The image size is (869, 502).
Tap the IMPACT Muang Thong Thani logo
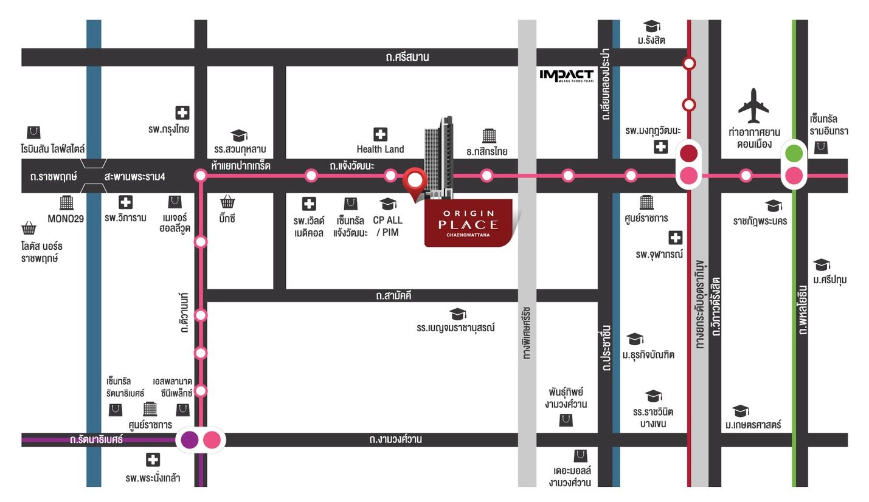pyautogui.click(x=566, y=75)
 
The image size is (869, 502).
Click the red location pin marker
pyautogui.click(x=415, y=182)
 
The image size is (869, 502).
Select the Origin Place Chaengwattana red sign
pyautogui.click(x=468, y=222)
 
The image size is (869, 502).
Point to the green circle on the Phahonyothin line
pyautogui.click(x=794, y=153)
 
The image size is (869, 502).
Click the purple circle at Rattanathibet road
pyautogui.click(x=190, y=439)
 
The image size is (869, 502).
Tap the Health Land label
pyautogui.click(x=380, y=149)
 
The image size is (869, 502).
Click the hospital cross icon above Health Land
pyautogui.click(x=380, y=134)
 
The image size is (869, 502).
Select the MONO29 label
pyautogui.click(x=66, y=218)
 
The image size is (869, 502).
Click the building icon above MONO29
pyautogui.click(x=66, y=202)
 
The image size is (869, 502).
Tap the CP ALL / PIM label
pyautogui.click(x=387, y=226)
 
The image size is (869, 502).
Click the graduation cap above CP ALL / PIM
pyautogui.click(x=387, y=203)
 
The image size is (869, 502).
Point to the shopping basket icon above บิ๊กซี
pyautogui.click(x=227, y=202)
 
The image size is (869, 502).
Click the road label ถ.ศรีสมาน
pyautogui.click(x=407, y=57)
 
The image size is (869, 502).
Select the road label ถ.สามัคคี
pyautogui.click(x=393, y=296)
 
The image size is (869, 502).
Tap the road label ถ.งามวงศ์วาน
pyautogui.click(x=395, y=439)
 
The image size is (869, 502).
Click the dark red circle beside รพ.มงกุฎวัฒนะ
pyautogui.click(x=688, y=153)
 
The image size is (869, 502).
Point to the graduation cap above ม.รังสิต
pyautogui.click(x=651, y=26)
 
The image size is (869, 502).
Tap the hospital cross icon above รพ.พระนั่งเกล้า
pyautogui.click(x=153, y=459)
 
